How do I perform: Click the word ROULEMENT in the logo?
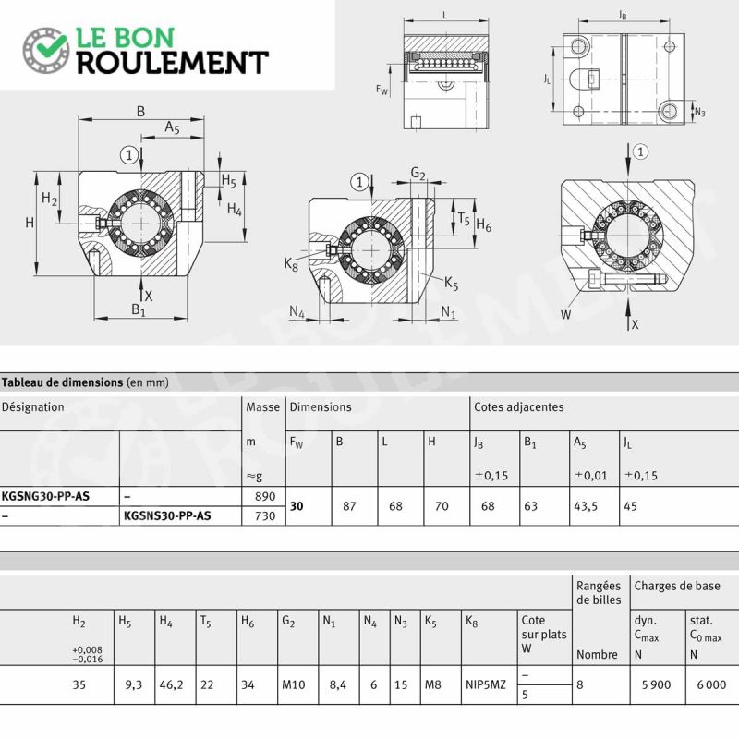[x=173, y=62]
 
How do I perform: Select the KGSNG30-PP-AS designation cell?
[x=45, y=496]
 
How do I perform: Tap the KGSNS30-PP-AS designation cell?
[x=167, y=515]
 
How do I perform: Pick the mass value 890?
[x=265, y=496]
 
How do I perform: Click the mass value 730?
[x=265, y=516]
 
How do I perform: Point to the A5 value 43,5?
[x=586, y=506]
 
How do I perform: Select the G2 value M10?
[x=293, y=684]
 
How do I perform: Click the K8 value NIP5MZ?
[x=486, y=684]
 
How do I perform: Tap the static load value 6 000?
[x=711, y=684]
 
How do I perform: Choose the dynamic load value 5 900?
[x=656, y=684]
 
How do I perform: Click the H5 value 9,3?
[x=133, y=684]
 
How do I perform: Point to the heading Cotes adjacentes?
[x=518, y=406]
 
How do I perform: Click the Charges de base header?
[x=677, y=586]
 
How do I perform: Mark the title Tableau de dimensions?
[x=62, y=382]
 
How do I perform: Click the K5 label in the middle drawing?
[x=451, y=284]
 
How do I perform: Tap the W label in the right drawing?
[x=566, y=315]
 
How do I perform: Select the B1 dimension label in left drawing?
[x=139, y=309]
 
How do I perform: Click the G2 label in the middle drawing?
[x=418, y=174]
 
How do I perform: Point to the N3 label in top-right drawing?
[x=700, y=112]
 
